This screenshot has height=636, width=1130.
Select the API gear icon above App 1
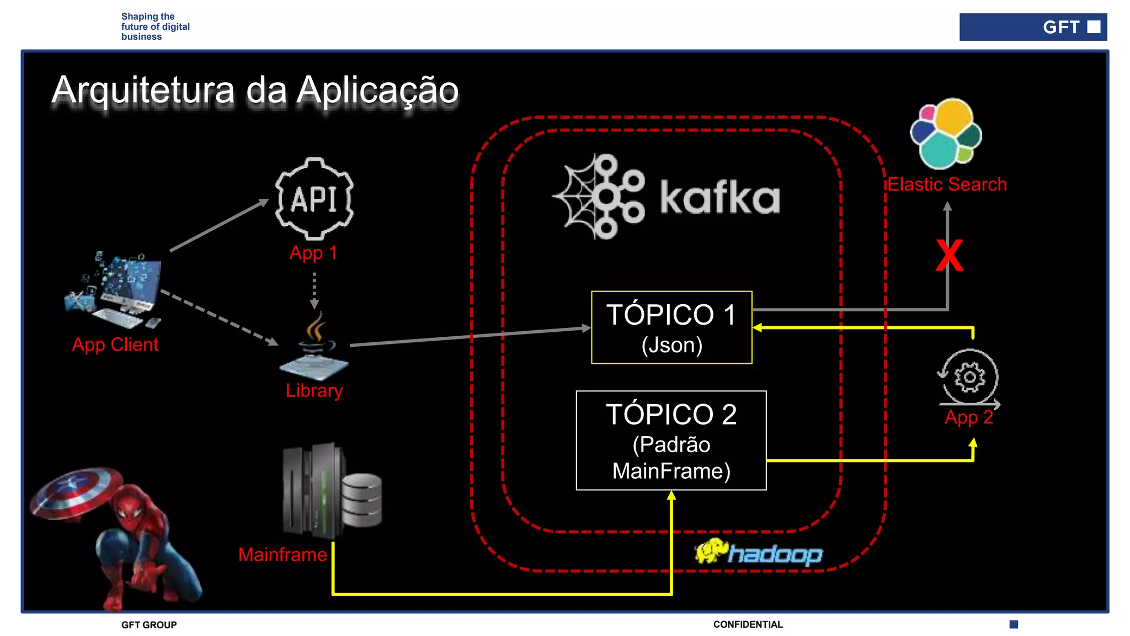point(315,199)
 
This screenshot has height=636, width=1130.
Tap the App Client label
point(115,344)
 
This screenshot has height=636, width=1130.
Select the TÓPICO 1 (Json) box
point(671,327)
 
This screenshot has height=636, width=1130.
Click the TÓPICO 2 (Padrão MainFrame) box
point(671,441)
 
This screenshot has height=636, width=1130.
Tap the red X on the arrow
point(949,256)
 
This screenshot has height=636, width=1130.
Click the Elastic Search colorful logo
point(946,134)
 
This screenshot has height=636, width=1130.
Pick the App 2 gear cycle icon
point(969,378)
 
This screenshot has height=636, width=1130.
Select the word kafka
point(720,197)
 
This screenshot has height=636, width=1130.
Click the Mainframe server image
point(331,491)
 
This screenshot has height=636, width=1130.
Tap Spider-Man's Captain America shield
point(76,492)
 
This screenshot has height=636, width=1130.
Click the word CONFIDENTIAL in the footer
point(748,624)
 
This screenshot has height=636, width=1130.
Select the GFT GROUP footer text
point(149,625)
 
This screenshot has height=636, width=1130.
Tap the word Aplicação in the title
point(377,91)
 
